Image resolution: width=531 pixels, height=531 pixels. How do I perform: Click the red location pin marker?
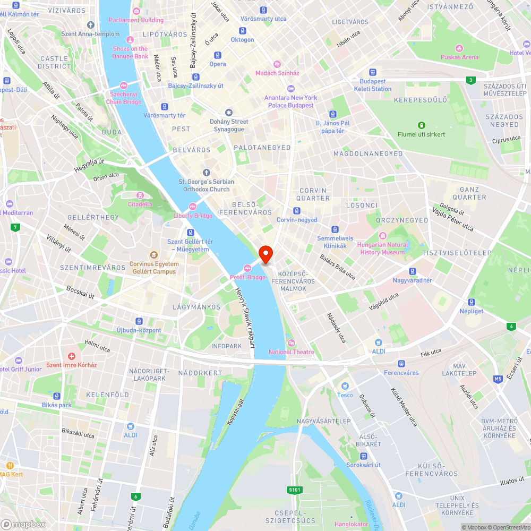click(265, 254)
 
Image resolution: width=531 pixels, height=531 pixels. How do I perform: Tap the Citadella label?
click(140, 204)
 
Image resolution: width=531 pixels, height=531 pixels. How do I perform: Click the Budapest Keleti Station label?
click(372, 85)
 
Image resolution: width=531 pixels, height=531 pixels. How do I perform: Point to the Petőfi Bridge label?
click(248, 277)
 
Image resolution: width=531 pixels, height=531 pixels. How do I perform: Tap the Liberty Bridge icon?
click(193, 207)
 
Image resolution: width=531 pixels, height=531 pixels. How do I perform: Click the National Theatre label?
click(291, 352)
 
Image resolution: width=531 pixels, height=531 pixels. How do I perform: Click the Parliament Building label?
click(136, 20)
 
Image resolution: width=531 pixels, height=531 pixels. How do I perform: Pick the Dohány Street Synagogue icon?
click(229, 113)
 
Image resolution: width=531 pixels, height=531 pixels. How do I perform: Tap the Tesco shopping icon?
click(345, 386)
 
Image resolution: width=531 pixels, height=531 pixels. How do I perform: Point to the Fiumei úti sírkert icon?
click(421, 125)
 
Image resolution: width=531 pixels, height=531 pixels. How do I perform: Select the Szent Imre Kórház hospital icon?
click(72, 356)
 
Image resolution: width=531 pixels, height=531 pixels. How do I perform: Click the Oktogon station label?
click(242, 40)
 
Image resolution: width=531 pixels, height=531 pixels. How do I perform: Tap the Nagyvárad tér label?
click(412, 280)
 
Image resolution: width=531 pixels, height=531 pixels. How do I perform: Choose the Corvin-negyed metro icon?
click(297, 211)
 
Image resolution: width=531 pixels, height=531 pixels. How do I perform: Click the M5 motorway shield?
click(498, 379)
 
